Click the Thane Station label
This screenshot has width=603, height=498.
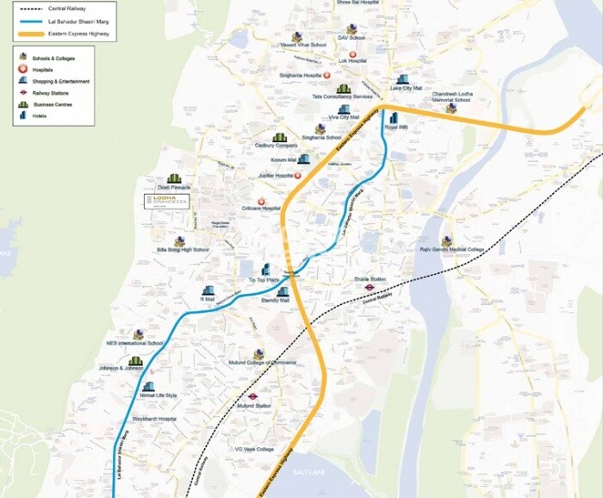(370, 280)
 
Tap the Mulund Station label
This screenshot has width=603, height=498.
(254, 405)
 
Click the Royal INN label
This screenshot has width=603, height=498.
(396, 128)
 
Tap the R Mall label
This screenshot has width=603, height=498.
(208, 299)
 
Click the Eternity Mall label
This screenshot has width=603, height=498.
(276, 301)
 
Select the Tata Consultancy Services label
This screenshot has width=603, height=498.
(343, 97)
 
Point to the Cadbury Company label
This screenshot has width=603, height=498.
(275, 146)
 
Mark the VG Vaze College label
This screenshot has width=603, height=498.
(254, 449)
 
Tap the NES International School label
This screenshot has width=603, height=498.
(134, 343)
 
